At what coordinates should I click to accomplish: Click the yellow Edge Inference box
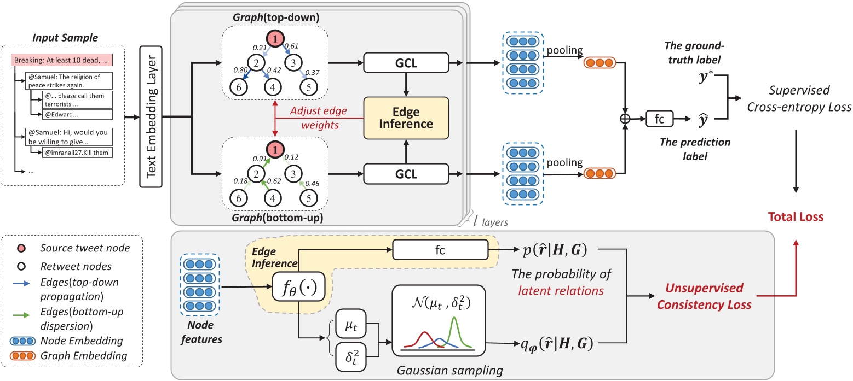(x=406, y=118)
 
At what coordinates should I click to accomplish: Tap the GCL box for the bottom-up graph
(x=406, y=174)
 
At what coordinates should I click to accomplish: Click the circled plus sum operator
(x=624, y=118)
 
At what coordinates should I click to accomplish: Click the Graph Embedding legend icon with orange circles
(x=26, y=355)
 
